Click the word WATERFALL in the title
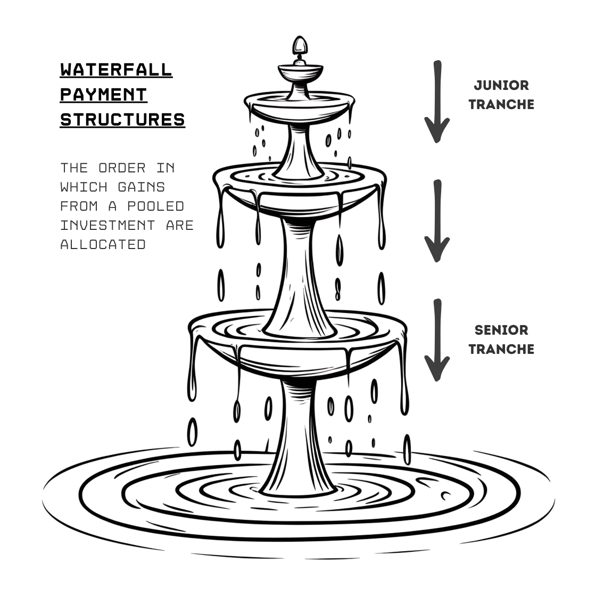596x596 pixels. click(x=116, y=69)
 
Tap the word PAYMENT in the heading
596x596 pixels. click(x=103, y=94)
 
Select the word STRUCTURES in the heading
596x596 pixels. click(x=122, y=119)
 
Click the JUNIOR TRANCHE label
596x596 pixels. click(x=501, y=95)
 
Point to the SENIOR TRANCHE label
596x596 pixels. click(x=501, y=340)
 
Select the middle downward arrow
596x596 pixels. click(x=437, y=221)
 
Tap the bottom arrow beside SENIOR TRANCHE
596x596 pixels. click(x=437, y=341)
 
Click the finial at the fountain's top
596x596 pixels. click(x=300, y=47)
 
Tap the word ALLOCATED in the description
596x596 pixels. click(x=103, y=244)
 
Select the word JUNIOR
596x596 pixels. click(x=501, y=85)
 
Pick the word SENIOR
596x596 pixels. click(x=501, y=330)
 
